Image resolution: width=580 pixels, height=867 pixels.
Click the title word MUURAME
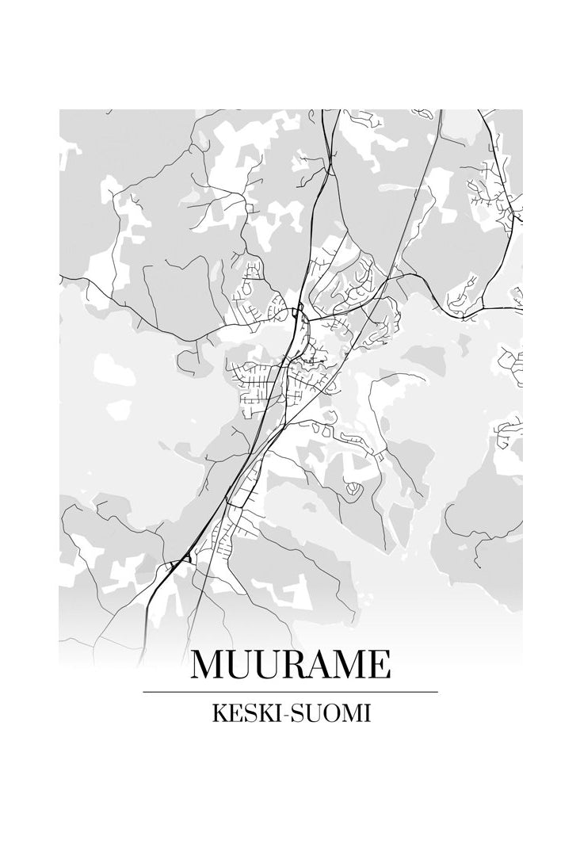pyautogui.click(x=290, y=665)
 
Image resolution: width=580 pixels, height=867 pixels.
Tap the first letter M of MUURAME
pyautogui.click(x=207, y=665)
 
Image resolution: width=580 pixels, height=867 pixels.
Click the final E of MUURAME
pyautogui.click(x=380, y=665)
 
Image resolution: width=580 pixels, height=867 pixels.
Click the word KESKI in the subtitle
pyautogui.click(x=246, y=713)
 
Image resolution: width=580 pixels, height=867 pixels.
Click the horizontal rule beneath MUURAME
pyautogui.click(x=290, y=692)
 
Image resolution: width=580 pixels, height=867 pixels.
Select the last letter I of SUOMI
pyautogui.click(x=367, y=713)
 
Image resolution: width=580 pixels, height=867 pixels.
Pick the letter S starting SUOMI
pyautogui.click(x=296, y=713)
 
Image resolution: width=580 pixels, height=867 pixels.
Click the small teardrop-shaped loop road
pyautogui.click(x=352, y=491)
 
